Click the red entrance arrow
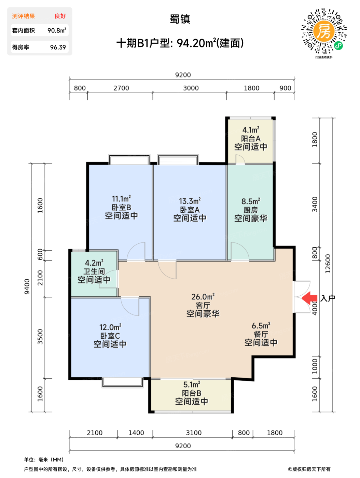[x=309, y=298]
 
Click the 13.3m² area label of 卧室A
[x=190, y=201]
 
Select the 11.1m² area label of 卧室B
[x=121, y=198]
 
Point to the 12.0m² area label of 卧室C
[x=110, y=327]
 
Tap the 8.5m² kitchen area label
[x=250, y=201]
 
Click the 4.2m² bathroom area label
[x=94, y=263]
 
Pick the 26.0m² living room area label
[x=203, y=296]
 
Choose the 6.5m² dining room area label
[x=261, y=325]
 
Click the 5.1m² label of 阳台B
[x=192, y=384]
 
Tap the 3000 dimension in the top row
[x=191, y=88]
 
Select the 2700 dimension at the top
[x=121, y=88]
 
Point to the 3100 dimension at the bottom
[x=194, y=433]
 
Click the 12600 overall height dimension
[x=328, y=264]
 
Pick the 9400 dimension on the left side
[x=27, y=286]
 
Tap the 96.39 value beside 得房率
[x=58, y=47]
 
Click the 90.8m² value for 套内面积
[x=57, y=30]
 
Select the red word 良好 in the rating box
[x=60, y=16]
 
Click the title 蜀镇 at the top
[x=180, y=19]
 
